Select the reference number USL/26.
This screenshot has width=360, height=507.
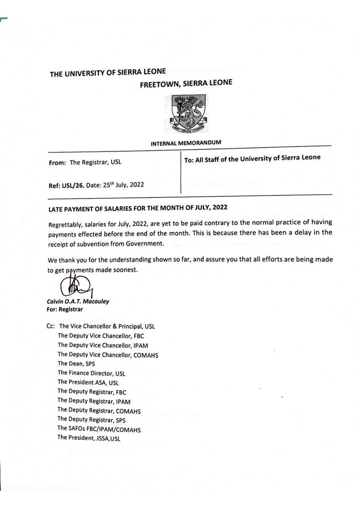[72, 185]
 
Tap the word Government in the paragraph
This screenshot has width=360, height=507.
[144, 244]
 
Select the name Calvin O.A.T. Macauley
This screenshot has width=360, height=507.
[78, 301]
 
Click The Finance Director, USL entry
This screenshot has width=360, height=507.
[91, 373]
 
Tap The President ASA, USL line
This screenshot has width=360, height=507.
[88, 383]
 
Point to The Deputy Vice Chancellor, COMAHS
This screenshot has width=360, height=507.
[108, 355]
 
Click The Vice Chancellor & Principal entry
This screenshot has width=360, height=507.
[107, 327]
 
